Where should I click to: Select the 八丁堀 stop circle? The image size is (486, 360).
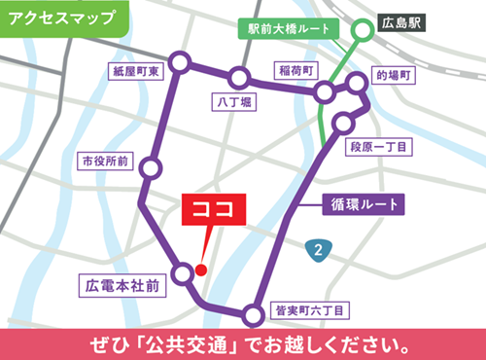(238, 76)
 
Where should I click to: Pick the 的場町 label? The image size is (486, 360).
(395, 74)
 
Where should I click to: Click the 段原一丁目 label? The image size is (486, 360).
(380, 145)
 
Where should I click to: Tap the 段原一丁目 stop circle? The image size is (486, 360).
(343, 122)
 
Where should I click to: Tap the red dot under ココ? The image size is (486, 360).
(201, 270)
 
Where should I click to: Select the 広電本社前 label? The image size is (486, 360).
(123, 285)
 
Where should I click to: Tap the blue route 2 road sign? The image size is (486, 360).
(318, 249)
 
